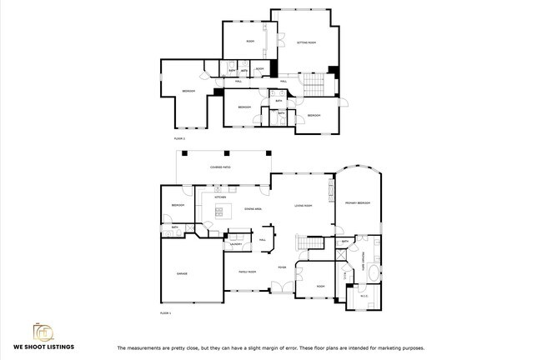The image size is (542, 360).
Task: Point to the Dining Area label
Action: click(x=253, y=208)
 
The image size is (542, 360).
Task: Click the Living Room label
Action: click(x=303, y=205)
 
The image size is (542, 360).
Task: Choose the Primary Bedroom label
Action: click(x=358, y=203)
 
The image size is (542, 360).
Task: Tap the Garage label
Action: click(x=182, y=273)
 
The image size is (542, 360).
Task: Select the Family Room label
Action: click(x=247, y=272)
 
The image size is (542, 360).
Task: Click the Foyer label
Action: click(x=283, y=267)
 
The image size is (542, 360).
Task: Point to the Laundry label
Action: click(x=236, y=244)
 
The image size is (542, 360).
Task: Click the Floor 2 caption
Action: click(x=179, y=137)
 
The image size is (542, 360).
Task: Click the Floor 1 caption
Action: click(x=164, y=312)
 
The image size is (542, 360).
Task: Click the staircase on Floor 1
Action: click(x=312, y=242)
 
